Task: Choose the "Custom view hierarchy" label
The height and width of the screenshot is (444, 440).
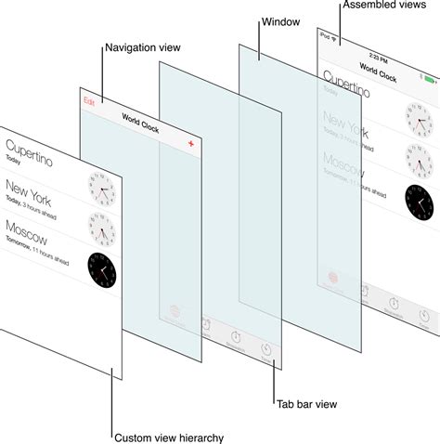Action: coord(168,437)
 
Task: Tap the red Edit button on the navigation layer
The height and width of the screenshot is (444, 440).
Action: coord(89,100)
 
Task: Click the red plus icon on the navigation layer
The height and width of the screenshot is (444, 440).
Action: coord(190,145)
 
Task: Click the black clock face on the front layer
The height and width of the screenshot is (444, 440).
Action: coord(102,269)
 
